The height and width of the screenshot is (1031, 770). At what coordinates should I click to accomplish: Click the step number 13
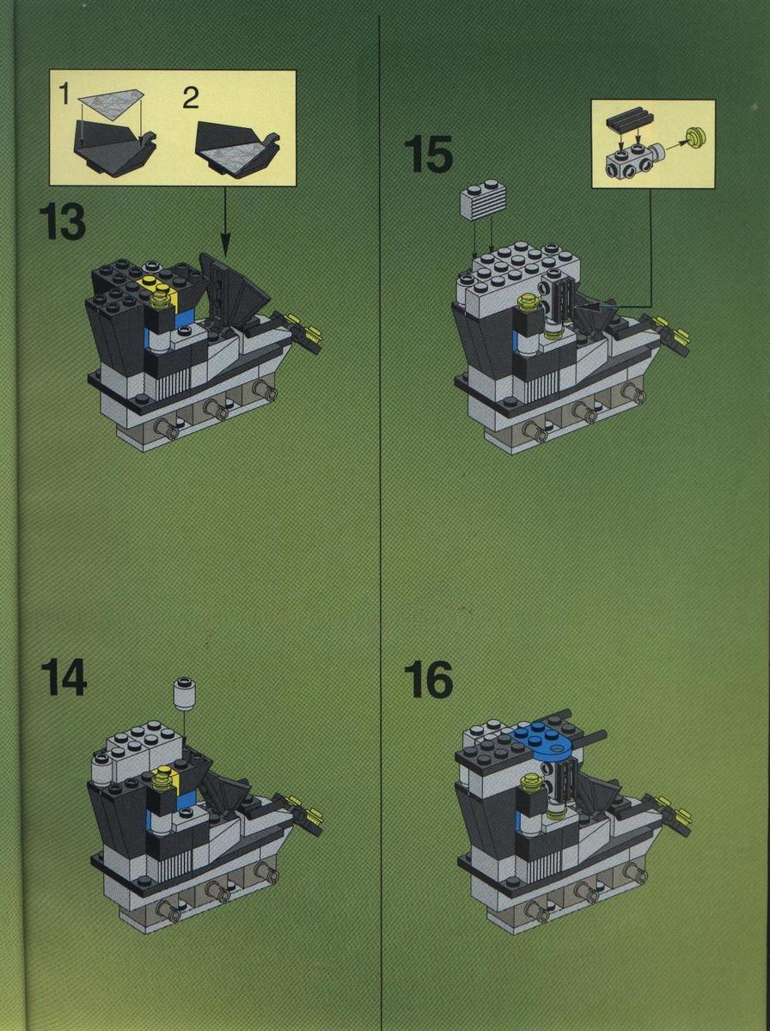click(x=63, y=222)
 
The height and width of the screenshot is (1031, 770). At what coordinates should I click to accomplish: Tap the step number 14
click(x=64, y=677)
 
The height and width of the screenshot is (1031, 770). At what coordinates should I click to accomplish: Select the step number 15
click(x=429, y=154)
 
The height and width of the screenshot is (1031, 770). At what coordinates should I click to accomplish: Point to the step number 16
click(x=429, y=680)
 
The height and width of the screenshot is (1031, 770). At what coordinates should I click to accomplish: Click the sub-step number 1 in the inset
click(x=64, y=94)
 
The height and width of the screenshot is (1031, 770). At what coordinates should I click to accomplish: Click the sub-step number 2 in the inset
click(x=190, y=99)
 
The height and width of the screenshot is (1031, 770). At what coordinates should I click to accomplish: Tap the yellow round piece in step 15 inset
click(x=696, y=137)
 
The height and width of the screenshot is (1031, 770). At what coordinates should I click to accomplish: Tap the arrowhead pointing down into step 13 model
click(x=224, y=249)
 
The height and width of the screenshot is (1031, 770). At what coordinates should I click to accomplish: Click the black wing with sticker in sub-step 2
click(x=237, y=149)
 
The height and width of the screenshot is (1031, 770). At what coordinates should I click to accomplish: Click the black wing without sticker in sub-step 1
click(x=114, y=148)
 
